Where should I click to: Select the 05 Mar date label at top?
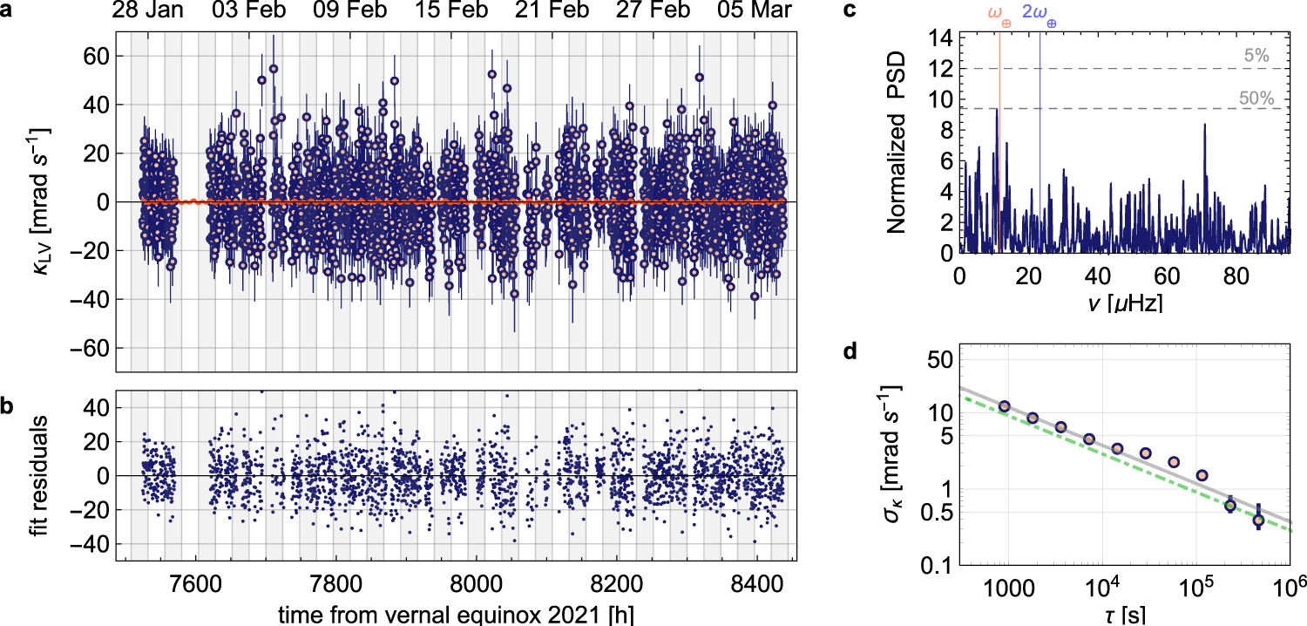click(755, 11)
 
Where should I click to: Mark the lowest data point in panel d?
click(1258, 521)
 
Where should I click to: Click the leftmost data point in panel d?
click(1005, 406)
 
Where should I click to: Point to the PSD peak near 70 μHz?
click(1205, 125)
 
